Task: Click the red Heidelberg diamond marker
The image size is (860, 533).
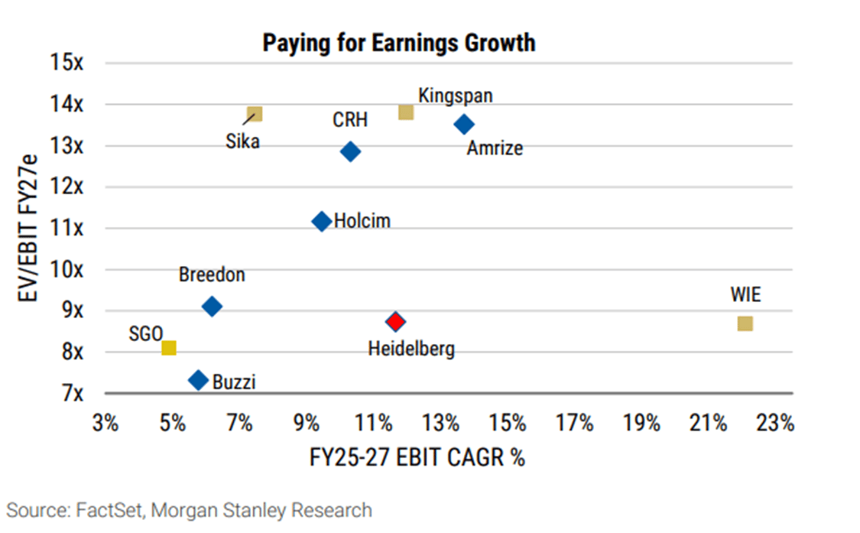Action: coord(394,321)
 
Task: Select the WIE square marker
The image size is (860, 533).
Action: coord(745,323)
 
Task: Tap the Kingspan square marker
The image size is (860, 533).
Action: coord(406,112)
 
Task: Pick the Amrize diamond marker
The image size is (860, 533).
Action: coord(464,124)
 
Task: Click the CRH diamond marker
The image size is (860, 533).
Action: coord(350,151)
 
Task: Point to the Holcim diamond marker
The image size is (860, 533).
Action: coord(322,222)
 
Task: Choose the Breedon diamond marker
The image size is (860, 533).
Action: coord(213,307)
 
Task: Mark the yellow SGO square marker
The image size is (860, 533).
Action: coord(169,348)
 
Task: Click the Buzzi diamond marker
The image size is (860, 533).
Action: coord(199,379)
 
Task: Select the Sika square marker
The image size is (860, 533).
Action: coord(255,114)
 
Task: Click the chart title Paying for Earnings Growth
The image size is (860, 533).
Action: coord(399,43)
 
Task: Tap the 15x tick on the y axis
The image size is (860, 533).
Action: coord(70,63)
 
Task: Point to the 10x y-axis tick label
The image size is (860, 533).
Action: coord(70,270)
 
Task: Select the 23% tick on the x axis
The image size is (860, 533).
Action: coord(775,423)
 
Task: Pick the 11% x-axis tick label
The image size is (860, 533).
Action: coord(373,423)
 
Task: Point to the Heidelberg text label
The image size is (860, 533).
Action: coord(411,349)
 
